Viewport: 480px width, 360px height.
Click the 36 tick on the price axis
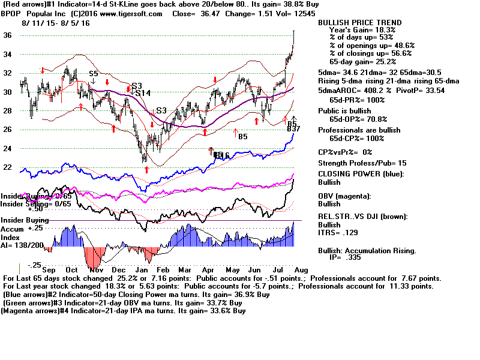(x=8, y=35)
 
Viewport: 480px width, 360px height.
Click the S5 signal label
(x=94, y=74)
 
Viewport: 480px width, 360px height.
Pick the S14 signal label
(x=143, y=93)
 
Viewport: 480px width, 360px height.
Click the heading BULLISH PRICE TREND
(x=360, y=23)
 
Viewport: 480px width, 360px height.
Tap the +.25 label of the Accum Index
(x=40, y=229)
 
